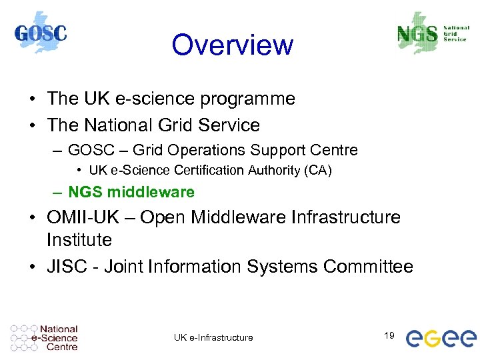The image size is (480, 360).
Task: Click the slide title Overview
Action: (x=232, y=45)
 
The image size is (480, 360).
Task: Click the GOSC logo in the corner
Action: (x=41, y=33)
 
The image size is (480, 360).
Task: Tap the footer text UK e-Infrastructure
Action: (x=213, y=337)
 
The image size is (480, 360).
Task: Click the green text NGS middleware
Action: (x=131, y=192)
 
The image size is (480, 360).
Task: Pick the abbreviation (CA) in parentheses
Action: (x=317, y=171)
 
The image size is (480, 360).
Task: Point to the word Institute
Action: (x=79, y=239)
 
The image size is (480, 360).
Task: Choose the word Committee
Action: (x=368, y=267)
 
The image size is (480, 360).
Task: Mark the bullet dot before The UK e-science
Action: (x=32, y=99)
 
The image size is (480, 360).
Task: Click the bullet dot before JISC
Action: (x=32, y=267)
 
